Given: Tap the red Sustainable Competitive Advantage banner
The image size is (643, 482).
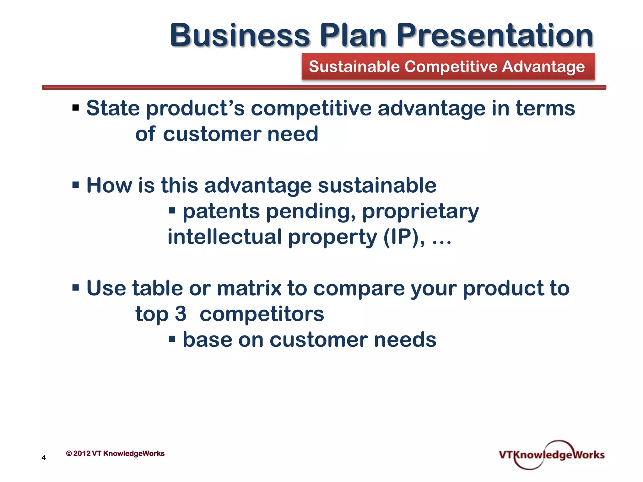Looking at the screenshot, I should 448,67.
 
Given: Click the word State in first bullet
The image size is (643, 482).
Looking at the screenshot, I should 113,108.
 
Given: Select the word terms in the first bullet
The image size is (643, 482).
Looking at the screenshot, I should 545,108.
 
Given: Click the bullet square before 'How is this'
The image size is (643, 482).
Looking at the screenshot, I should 76,185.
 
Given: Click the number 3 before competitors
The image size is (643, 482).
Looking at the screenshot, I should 181,314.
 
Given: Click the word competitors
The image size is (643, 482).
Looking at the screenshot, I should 262,314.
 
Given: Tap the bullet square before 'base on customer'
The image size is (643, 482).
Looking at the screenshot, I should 172,339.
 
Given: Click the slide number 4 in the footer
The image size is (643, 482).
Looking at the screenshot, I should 44,458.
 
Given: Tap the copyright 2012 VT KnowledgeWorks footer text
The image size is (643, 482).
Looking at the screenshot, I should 115,453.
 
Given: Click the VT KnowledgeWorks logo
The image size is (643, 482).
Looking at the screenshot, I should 551,455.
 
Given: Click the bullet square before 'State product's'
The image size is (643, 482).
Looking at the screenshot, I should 76,108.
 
